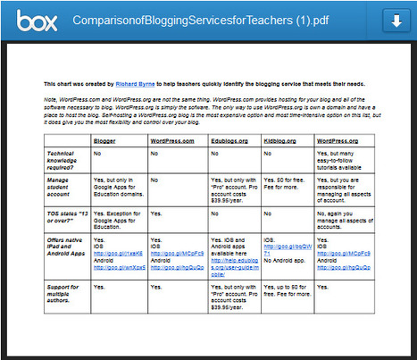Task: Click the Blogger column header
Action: point(105,141)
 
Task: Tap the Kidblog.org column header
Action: point(281,141)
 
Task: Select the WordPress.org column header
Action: point(338,141)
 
